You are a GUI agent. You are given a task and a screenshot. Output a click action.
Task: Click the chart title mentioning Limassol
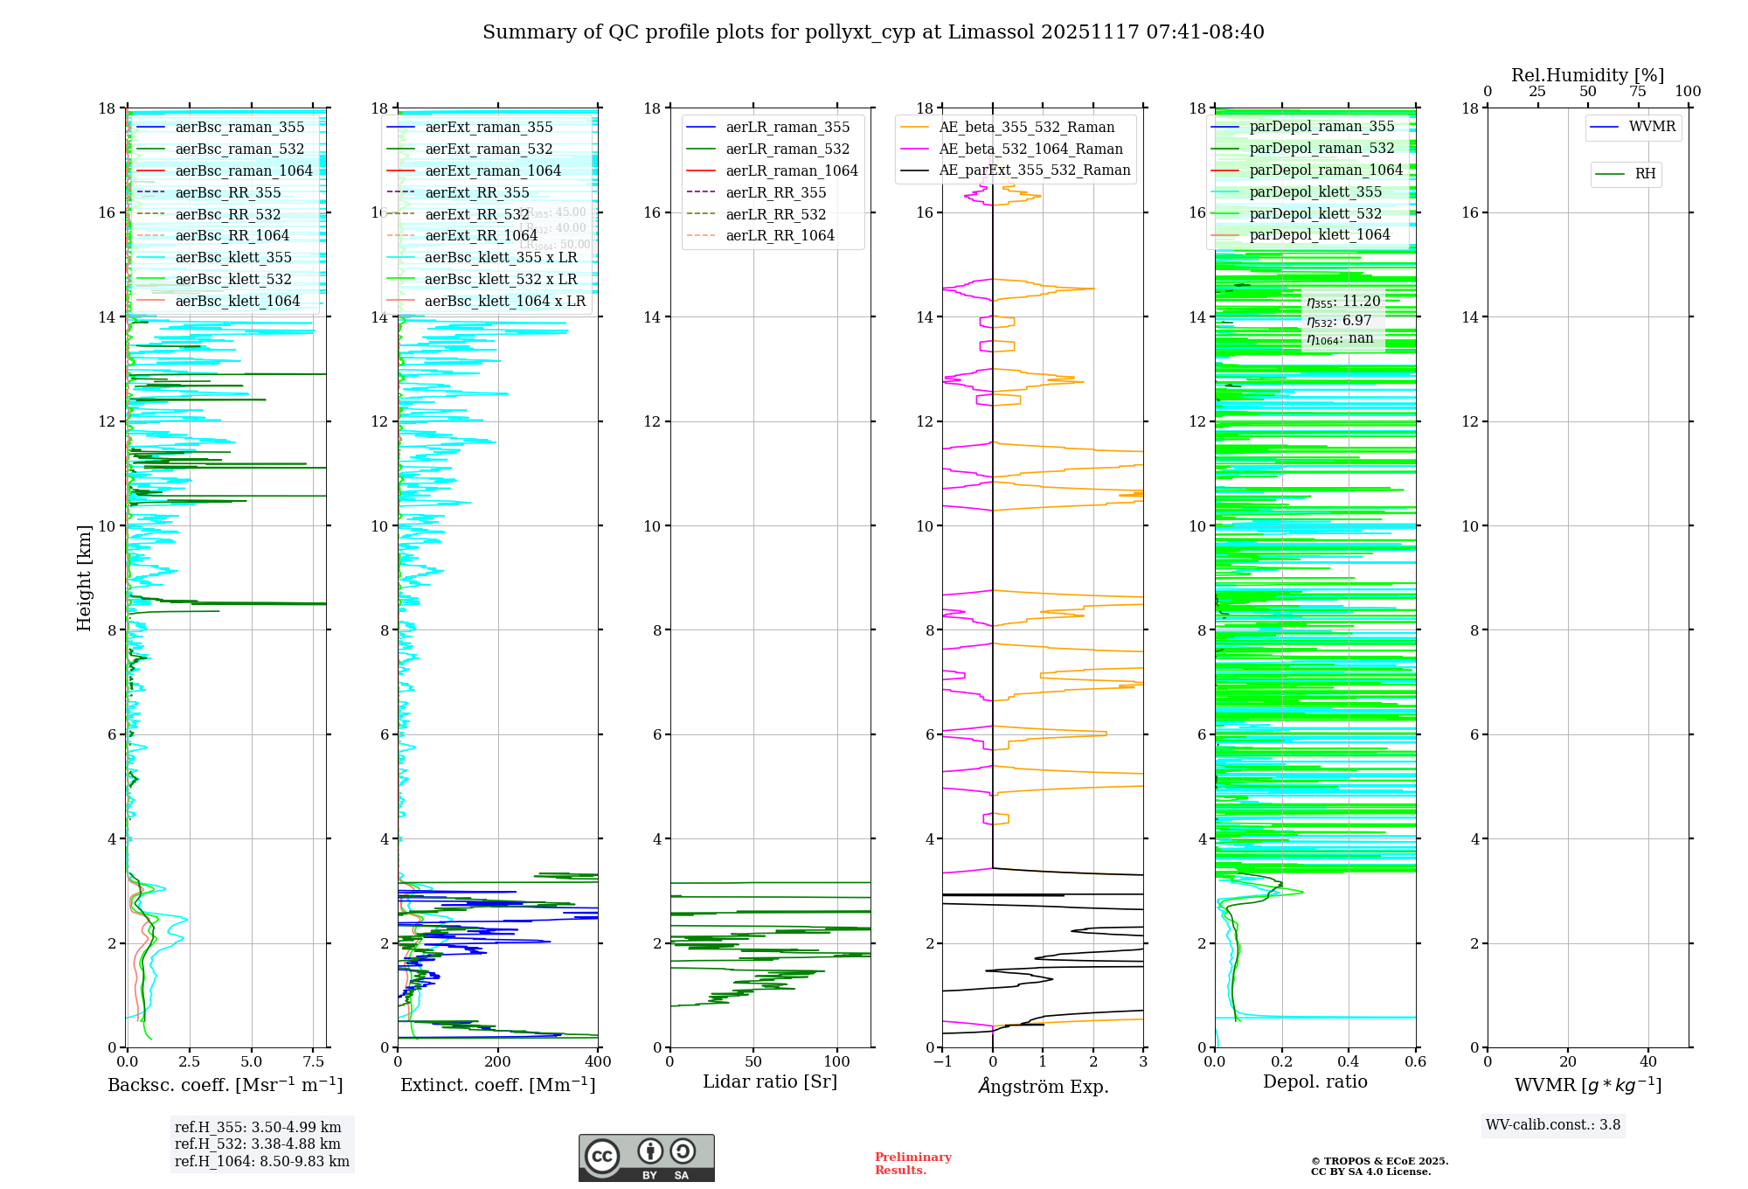coord(873,32)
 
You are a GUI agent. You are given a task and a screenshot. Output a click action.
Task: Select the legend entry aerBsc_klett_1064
coord(237,301)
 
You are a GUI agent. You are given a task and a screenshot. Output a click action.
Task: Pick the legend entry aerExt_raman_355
coord(489,127)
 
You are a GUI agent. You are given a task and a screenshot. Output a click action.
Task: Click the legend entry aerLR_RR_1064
coord(780,235)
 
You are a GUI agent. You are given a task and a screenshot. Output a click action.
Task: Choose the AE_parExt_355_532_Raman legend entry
coord(1034,170)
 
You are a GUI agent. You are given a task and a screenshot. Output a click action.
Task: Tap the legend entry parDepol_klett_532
coord(1315,213)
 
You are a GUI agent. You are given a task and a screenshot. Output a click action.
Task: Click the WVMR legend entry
coord(1652,127)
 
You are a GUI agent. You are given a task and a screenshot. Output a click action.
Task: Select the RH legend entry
coord(1645,174)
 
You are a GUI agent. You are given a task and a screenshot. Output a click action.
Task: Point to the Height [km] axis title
coord(84,578)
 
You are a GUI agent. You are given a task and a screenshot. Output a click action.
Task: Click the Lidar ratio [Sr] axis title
coord(770,1082)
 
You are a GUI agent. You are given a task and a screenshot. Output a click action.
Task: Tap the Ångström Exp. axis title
coord(1043,1087)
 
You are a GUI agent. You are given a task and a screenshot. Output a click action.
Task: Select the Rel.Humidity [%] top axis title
coord(1587,75)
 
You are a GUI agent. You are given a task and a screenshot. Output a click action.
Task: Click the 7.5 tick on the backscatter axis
coord(313,1062)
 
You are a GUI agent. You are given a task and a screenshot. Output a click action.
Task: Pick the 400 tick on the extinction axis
coord(598,1062)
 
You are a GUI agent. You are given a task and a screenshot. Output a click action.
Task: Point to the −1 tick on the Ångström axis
coord(942,1062)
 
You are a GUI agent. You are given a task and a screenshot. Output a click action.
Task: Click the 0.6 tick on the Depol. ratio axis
coord(1415,1062)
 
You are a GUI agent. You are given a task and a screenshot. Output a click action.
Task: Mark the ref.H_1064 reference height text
coord(261,1161)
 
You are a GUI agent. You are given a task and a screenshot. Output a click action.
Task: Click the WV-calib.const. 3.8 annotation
coord(1553,1125)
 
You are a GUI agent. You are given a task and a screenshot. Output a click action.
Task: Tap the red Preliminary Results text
coord(912,1164)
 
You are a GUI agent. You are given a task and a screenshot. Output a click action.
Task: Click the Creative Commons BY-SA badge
coord(646,1158)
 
